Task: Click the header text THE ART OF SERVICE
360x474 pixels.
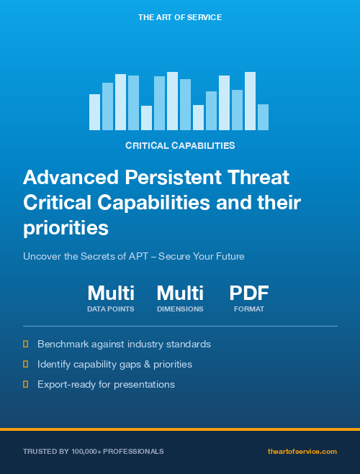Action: point(180,17)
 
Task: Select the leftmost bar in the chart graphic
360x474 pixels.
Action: point(94,112)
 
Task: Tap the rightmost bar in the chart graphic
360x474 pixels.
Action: point(263,117)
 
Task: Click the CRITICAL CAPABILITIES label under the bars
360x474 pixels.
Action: point(180,145)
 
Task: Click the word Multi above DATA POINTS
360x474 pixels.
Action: point(111,293)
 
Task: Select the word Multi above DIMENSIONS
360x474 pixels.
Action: point(180,293)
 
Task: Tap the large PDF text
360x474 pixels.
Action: point(249,293)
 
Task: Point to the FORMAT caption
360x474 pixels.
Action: point(249,309)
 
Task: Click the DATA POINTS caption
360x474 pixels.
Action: point(111,309)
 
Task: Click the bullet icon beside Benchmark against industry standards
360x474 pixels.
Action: point(26,345)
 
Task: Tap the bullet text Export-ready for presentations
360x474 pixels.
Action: point(106,385)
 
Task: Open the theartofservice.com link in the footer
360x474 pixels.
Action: point(302,452)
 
